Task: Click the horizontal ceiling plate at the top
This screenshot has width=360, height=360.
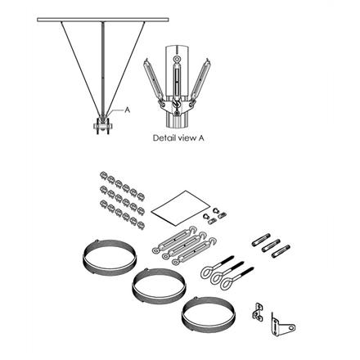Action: click(x=103, y=18)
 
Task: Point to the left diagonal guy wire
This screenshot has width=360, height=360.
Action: click(x=79, y=65)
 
